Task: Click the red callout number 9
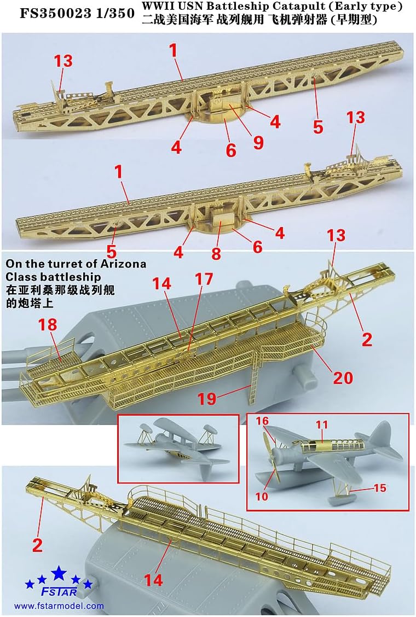pyautogui.click(x=258, y=143)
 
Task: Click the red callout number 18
pyautogui.click(x=48, y=325)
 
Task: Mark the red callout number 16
pyautogui.click(x=263, y=421)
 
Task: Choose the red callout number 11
pyautogui.click(x=321, y=424)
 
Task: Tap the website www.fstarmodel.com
pyautogui.click(x=59, y=606)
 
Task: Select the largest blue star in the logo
pyautogui.click(x=59, y=574)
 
